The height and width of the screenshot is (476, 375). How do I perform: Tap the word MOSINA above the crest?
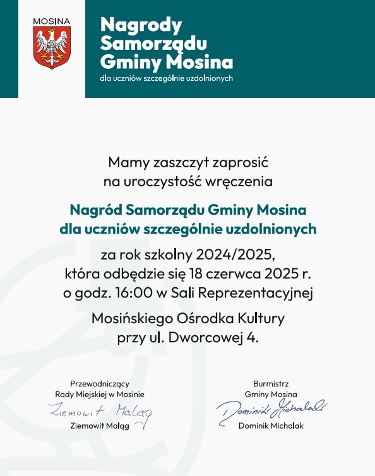coord(52,21)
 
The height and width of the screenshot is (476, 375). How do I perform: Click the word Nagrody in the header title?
coord(141,25)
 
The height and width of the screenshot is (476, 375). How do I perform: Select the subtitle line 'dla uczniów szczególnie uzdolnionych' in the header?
coord(167,78)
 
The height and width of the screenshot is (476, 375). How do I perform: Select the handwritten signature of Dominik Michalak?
coord(271,410)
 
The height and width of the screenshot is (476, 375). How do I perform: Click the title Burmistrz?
coord(271,383)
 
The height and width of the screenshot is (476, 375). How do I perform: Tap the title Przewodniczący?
coord(100,383)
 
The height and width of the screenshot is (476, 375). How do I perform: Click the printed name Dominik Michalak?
coord(271,426)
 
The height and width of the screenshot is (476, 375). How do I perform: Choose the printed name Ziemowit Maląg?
coord(100,426)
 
